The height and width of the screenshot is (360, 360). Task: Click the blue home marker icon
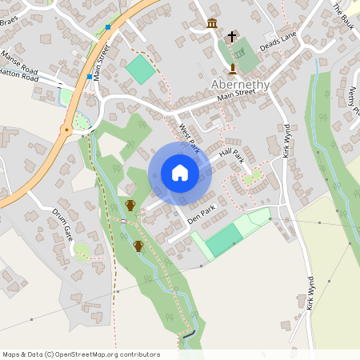click(x=179, y=173)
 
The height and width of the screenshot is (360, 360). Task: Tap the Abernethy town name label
click(x=240, y=84)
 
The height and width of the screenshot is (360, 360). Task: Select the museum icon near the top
click(x=212, y=23)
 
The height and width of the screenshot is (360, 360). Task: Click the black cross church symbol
click(x=232, y=37)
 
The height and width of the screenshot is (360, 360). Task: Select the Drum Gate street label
click(x=62, y=226)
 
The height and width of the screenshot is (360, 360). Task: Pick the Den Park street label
click(x=201, y=214)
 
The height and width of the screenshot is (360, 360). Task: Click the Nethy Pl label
click(x=353, y=101)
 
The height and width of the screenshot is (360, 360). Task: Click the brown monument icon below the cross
click(x=233, y=69)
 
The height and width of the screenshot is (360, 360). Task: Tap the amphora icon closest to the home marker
click(x=130, y=206)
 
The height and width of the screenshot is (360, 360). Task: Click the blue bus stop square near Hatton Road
click(x=89, y=78)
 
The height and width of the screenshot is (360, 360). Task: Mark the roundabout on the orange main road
click(x=66, y=128)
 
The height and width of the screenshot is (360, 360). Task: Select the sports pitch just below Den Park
click(x=225, y=239)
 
